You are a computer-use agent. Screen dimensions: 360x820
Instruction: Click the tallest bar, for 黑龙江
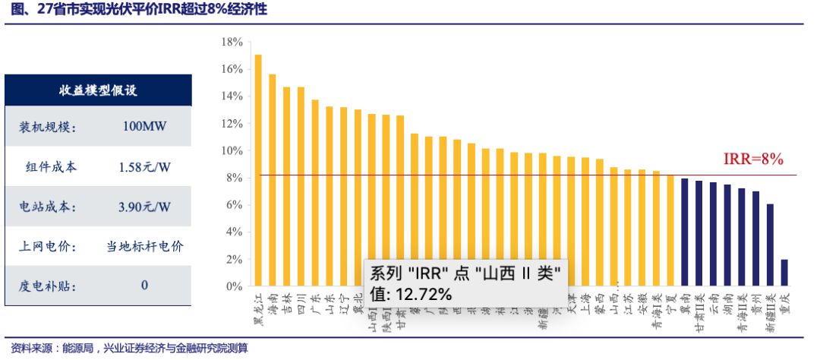click(x=258, y=171)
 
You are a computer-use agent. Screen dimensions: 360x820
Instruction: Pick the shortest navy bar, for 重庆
click(x=784, y=273)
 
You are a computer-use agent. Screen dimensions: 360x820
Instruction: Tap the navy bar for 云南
click(x=713, y=235)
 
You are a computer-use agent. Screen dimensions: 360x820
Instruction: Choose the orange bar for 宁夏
click(x=670, y=231)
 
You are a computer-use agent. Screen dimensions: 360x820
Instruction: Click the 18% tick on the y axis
click(x=232, y=43)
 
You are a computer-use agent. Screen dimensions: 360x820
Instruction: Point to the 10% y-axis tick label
click(x=232, y=151)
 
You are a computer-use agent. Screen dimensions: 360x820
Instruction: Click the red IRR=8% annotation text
click(x=753, y=159)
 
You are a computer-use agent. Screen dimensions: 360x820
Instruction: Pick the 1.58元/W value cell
click(x=144, y=166)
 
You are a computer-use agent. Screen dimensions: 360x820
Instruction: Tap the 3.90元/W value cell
click(x=144, y=207)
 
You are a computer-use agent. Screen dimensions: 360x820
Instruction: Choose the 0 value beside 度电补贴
click(x=144, y=286)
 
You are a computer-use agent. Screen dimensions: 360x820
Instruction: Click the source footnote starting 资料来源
click(x=125, y=349)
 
